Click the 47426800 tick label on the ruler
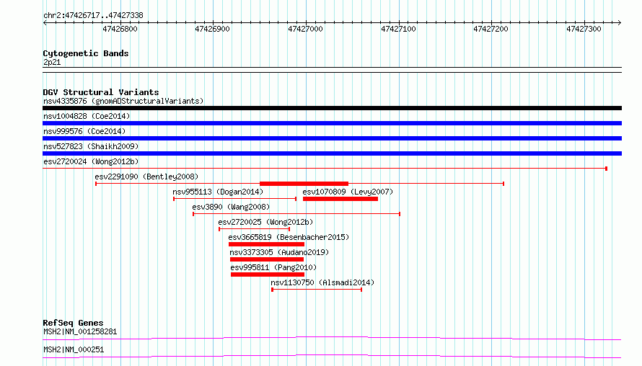point(120,29)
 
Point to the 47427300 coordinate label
point(584,29)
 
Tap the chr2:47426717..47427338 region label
point(93,16)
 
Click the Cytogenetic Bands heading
point(86,53)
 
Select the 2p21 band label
point(52,62)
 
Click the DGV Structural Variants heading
point(101,92)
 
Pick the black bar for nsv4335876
point(332,108)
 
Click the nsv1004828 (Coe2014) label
point(87,116)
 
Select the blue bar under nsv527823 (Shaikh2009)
point(332,153)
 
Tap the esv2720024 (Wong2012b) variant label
point(91,161)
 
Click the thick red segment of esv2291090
point(304,184)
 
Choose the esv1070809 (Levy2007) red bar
point(340,199)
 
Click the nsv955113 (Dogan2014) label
point(218,192)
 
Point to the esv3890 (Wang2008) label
point(231,207)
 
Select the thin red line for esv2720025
point(254,229)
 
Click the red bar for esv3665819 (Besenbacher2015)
point(267,244)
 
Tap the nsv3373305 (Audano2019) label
point(279,252)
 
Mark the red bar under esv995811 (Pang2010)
point(268,274)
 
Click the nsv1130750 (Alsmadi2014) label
point(322,282)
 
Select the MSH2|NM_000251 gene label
point(74,349)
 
